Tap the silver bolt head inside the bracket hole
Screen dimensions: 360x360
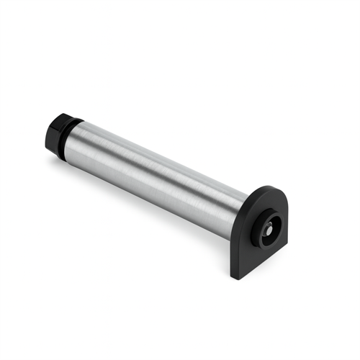(268, 230)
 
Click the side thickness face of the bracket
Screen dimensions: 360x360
(238, 245)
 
